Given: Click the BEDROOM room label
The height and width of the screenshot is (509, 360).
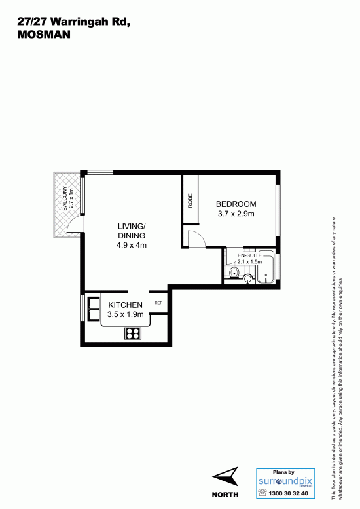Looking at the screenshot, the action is tap(236, 204).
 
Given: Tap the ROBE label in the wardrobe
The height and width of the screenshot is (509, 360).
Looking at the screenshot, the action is tap(190, 200).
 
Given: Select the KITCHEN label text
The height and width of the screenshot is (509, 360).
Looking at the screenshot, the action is tap(125, 305).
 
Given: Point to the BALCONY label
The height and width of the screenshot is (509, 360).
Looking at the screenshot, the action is tap(65, 198).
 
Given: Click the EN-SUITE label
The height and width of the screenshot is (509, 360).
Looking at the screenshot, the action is tap(249, 255).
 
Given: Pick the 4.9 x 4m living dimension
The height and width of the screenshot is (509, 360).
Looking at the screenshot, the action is tap(132, 245).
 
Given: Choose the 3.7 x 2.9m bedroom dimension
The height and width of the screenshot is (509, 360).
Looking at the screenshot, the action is tap(236, 214).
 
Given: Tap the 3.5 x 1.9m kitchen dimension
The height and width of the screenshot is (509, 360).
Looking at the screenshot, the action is tap(125, 314).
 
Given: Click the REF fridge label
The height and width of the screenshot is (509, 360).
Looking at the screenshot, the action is tap(158, 303).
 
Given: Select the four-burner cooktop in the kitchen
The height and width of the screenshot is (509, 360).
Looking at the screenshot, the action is tap(133, 333).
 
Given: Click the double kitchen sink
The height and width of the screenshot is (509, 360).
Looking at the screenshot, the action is tap(94, 309).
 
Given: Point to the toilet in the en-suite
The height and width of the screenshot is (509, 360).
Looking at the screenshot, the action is tap(234, 273).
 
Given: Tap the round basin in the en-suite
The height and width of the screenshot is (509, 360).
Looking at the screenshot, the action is tap(249, 278).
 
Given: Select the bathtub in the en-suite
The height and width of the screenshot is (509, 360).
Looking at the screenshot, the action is tap(266, 267).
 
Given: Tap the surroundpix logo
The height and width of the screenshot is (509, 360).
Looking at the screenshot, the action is tap(285, 481).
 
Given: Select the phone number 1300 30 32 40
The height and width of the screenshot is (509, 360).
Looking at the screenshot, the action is tap(288, 493).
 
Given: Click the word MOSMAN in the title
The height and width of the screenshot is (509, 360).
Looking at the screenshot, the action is tap(44, 35).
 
